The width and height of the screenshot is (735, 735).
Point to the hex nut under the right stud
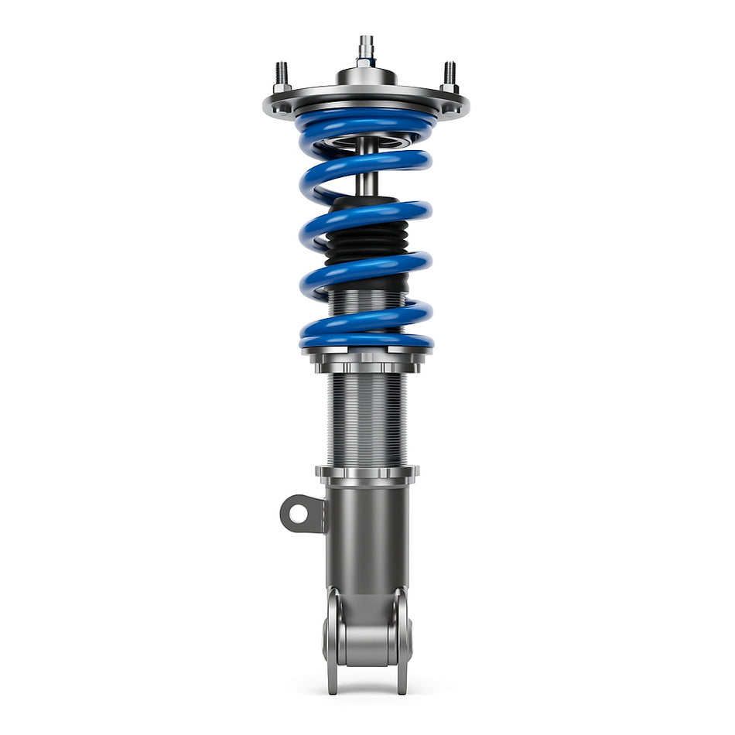coord(450,87)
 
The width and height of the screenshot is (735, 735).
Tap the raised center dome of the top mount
coord(365,77)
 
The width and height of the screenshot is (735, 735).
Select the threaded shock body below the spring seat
coord(366,418)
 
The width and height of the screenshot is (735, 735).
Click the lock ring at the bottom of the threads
coord(367,473)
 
